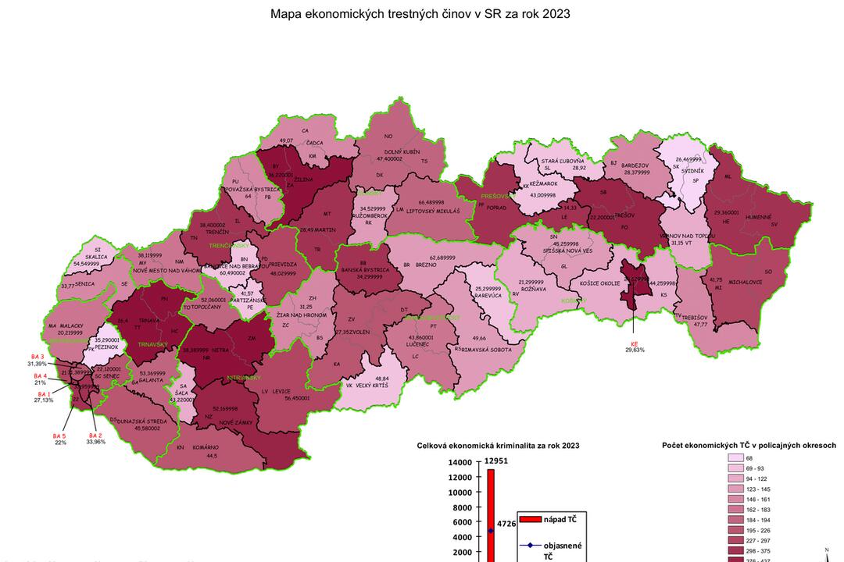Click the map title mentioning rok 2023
pyautogui.click(x=420, y=13)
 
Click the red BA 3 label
pyautogui.click(x=36, y=356)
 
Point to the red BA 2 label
pyautogui.click(x=95, y=435)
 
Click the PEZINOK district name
pyautogui.click(x=107, y=347)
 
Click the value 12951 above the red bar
pyautogui.click(x=497, y=461)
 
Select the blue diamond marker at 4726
pyautogui.click(x=491, y=531)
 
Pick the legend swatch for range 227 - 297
pyautogui.click(x=735, y=539)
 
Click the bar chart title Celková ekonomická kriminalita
pyautogui.click(x=498, y=445)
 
